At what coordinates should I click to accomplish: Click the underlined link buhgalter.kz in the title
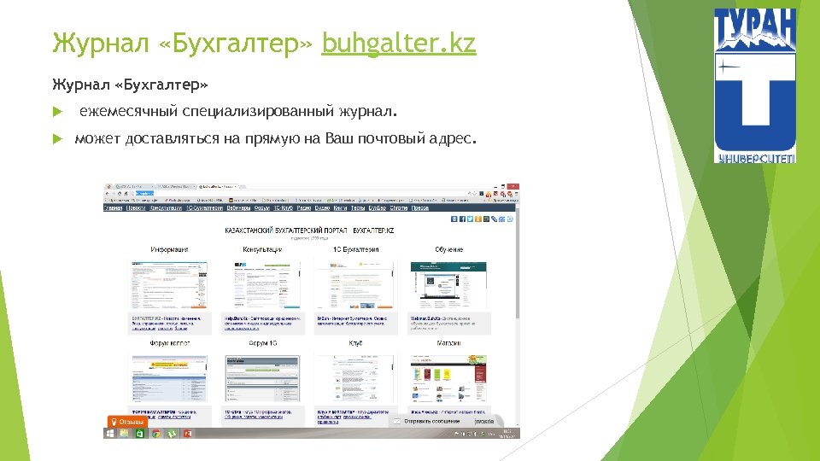(398, 42)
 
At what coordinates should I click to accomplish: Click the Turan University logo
(754, 85)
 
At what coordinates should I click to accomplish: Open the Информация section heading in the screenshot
(169, 249)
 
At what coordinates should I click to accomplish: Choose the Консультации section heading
(262, 249)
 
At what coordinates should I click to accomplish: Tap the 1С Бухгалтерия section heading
(355, 249)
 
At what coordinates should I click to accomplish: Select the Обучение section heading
(448, 249)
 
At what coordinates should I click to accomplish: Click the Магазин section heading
(448, 343)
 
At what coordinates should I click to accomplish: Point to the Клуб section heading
(355, 343)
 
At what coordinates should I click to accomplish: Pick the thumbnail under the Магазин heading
(448, 377)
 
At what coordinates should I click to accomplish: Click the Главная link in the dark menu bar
(113, 207)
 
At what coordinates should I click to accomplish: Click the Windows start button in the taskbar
(108, 434)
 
